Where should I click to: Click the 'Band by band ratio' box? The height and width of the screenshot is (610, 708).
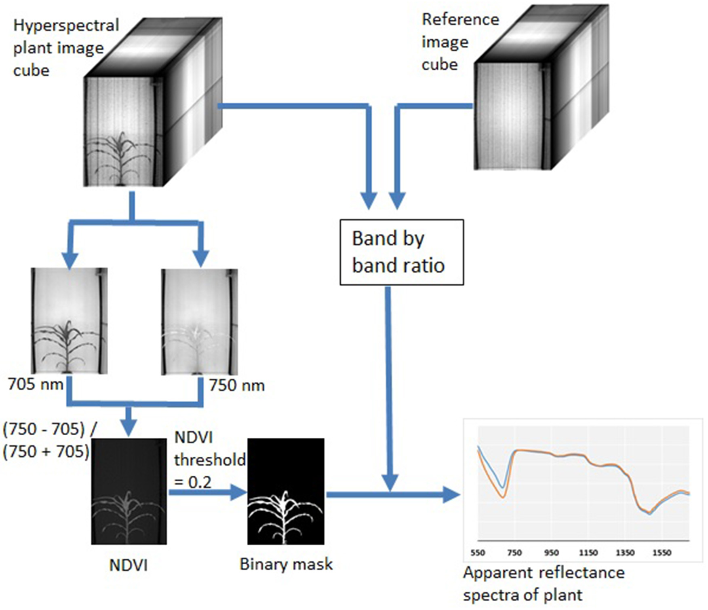(x=401, y=252)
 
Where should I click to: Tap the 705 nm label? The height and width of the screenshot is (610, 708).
(x=36, y=384)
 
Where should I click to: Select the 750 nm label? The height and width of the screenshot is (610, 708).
(x=237, y=385)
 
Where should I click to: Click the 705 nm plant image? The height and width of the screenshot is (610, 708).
(x=69, y=320)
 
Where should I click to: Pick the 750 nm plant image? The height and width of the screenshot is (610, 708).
(x=199, y=322)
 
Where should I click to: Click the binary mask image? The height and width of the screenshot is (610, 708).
(x=286, y=491)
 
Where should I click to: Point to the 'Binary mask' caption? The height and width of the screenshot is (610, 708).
(x=286, y=564)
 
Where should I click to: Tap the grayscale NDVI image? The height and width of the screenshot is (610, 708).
(x=129, y=491)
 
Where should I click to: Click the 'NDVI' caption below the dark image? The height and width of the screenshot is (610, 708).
(x=129, y=565)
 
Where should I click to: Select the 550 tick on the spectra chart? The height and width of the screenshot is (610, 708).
(x=478, y=553)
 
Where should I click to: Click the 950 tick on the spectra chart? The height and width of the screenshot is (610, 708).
(x=551, y=553)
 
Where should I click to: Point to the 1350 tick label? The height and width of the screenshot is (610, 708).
(x=625, y=553)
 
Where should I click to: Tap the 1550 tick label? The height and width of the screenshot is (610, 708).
(x=662, y=553)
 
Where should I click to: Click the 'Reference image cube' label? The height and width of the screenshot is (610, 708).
(x=460, y=42)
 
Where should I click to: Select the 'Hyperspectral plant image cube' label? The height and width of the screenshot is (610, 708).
(x=66, y=48)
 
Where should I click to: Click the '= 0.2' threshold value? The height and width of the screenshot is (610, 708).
(x=193, y=482)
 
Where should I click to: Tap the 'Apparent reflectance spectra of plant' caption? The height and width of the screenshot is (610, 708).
(x=544, y=584)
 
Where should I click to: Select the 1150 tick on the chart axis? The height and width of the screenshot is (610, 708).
(x=588, y=553)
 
